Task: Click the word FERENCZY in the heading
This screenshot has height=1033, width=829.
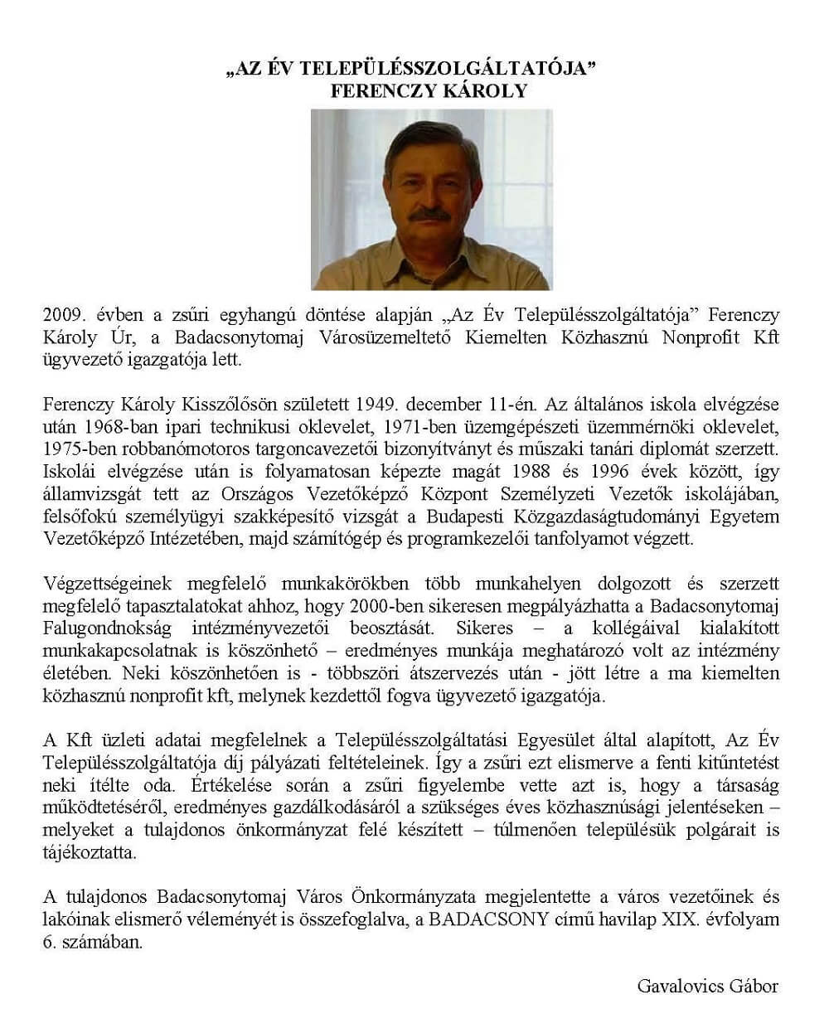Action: coord(377,90)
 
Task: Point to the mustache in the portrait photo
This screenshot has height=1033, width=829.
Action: coord(430,215)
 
